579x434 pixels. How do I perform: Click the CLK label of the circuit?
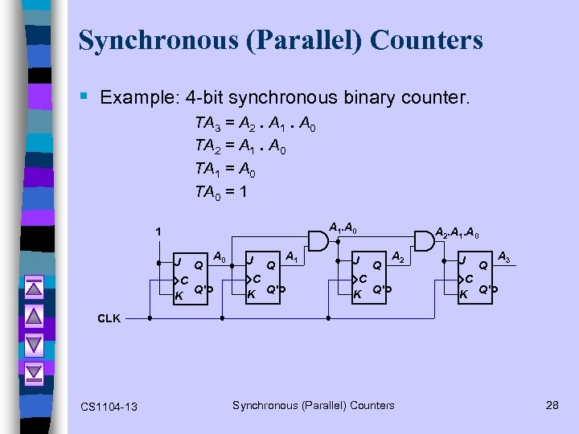click(x=109, y=318)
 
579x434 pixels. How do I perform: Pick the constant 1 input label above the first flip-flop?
click(x=158, y=232)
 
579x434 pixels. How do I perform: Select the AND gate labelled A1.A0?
click(x=318, y=240)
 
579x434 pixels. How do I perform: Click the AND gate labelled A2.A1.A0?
click(x=423, y=240)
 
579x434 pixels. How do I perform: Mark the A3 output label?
click(x=505, y=257)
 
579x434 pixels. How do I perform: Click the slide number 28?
click(x=552, y=405)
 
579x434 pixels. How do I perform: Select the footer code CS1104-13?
click(x=109, y=407)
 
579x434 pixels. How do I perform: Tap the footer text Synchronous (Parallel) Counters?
click(x=314, y=405)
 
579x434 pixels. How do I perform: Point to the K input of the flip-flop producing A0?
click(x=179, y=295)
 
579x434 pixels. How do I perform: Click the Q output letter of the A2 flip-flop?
click(x=376, y=264)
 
